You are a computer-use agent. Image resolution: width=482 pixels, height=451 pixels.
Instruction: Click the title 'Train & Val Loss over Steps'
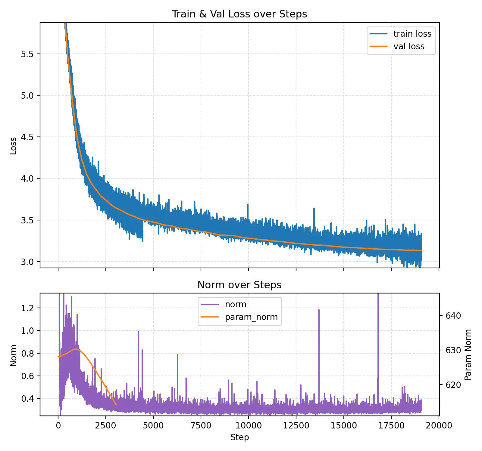click(239, 14)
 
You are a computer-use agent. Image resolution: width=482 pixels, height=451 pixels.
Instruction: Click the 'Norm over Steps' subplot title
click(239, 285)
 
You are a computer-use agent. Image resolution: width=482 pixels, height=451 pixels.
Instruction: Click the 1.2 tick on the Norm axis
click(28, 308)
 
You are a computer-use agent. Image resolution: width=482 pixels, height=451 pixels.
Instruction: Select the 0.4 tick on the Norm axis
click(28, 399)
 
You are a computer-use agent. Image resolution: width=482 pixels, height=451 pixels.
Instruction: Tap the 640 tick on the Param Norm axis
click(453, 316)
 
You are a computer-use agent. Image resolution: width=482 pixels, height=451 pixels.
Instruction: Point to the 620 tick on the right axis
click(453, 385)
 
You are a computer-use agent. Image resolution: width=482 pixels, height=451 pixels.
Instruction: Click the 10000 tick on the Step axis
click(249, 425)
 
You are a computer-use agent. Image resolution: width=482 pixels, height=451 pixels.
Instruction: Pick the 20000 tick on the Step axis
click(439, 425)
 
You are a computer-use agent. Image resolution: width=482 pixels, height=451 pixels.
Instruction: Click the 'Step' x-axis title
click(239, 437)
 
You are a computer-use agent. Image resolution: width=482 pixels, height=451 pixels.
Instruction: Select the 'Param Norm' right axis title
click(468, 355)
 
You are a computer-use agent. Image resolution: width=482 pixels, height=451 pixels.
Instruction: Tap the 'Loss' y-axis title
click(13, 146)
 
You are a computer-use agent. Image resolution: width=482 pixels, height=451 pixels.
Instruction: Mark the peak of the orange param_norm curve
click(76, 349)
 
